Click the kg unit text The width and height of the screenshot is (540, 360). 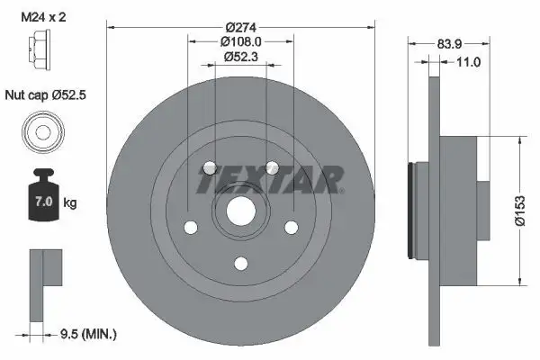(x=70, y=204)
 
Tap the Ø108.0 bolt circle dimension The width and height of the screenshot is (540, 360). (x=240, y=41)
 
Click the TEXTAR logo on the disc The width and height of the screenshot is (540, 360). (x=270, y=181)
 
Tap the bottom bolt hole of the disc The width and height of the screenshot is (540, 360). (x=240, y=263)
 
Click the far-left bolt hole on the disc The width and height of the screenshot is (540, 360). (x=190, y=228)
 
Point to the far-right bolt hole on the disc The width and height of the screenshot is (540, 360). (x=291, y=228)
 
